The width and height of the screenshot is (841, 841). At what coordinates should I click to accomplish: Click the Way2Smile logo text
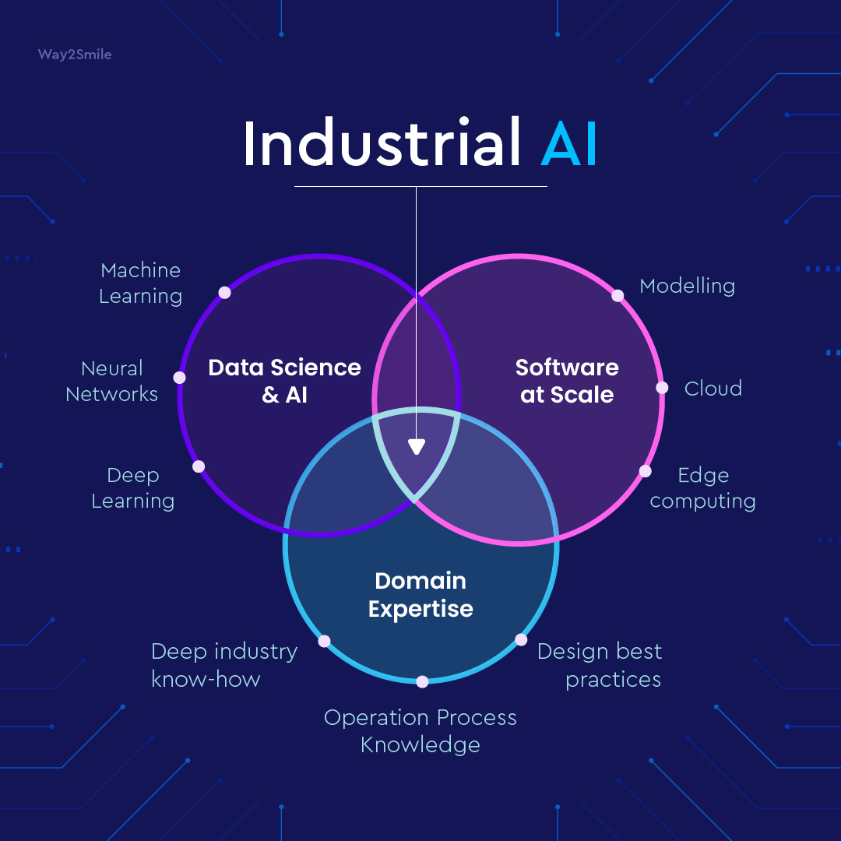(74, 55)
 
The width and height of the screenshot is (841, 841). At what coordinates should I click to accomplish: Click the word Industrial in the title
(382, 143)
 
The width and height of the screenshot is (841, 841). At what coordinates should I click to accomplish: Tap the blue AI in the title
(569, 143)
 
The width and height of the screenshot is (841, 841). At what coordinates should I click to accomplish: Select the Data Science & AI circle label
(284, 381)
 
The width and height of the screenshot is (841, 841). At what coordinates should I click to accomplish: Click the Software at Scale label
(567, 381)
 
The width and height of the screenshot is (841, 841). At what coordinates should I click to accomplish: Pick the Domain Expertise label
(420, 594)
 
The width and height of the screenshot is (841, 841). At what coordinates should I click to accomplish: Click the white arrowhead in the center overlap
(417, 447)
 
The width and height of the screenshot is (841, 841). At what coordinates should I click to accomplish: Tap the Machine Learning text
(141, 283)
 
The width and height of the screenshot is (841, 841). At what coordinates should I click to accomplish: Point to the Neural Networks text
(112, 381)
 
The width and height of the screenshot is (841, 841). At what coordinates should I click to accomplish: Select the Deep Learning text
(133, 487)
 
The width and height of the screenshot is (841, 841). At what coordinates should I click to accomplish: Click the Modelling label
(687, 286)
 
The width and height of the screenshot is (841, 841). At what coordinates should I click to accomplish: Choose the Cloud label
(713, 388)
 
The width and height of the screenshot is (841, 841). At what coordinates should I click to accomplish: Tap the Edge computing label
(702, 487)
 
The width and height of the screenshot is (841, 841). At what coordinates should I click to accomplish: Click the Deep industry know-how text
(224, 664)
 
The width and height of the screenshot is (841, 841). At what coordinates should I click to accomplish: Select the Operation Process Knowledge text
(420, 730)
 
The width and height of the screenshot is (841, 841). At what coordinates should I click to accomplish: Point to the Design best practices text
(600, 664)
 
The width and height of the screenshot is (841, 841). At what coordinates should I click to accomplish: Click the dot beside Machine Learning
(225, 293)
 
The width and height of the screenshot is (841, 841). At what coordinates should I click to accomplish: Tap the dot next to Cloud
(662, 387)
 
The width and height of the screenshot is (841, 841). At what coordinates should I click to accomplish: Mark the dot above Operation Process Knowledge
(422, 681)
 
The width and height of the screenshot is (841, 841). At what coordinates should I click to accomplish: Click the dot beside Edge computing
(646, 470)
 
